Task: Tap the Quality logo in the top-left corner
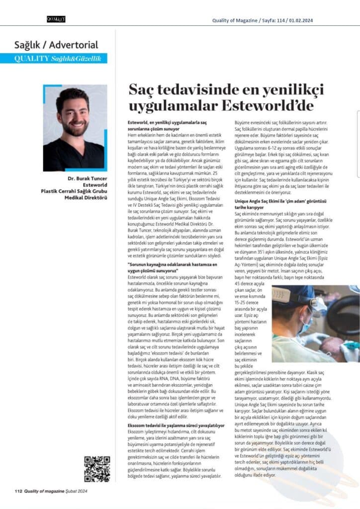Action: (x=56, y=19)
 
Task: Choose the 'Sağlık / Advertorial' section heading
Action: (x=56, y=45)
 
